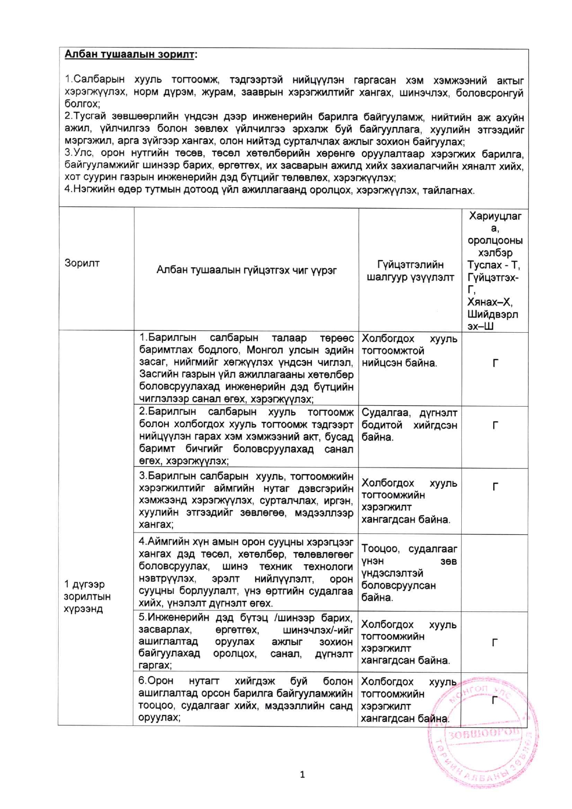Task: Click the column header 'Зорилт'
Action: pos(82,263)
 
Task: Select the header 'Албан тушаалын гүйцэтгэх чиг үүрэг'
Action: pos(246,270)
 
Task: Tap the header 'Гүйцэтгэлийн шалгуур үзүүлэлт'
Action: pos(410,270)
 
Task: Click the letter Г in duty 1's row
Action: pos(495,364)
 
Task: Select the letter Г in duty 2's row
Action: pos(495,425)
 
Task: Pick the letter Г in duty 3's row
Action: pos(495,487)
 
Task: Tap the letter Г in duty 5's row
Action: pos(495,642)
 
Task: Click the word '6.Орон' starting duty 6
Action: pos(156,681)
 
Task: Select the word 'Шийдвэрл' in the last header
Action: pos(493,315)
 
